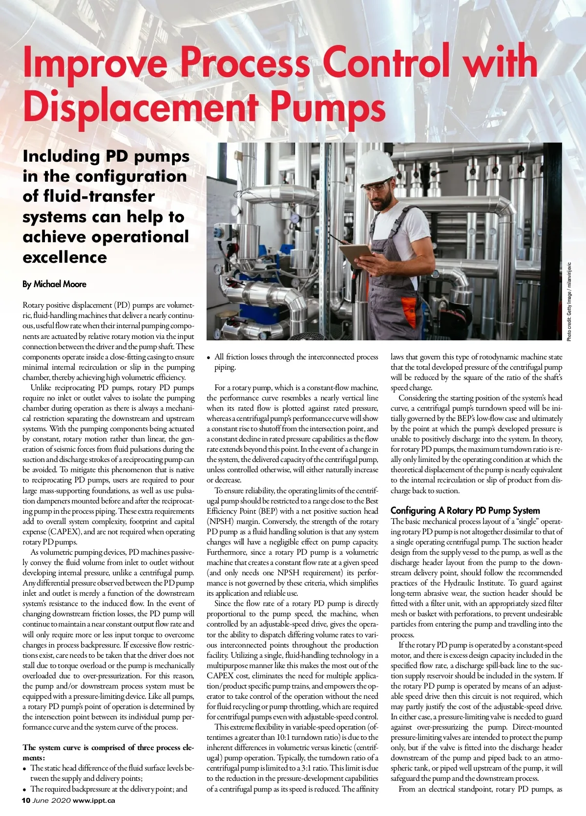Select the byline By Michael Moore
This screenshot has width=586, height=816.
tap(54, 284)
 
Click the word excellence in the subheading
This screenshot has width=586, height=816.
tap(64, 257)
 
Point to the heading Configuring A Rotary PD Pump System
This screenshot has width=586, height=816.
tap(465, 510)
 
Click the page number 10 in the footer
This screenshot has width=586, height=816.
tap(26, 800)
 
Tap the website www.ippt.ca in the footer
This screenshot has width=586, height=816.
tap(94, 800)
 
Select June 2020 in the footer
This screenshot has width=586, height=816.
tap(52, 800)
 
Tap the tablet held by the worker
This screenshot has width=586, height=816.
tap(356, 254)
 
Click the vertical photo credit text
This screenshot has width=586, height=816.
tap(569, 302)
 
